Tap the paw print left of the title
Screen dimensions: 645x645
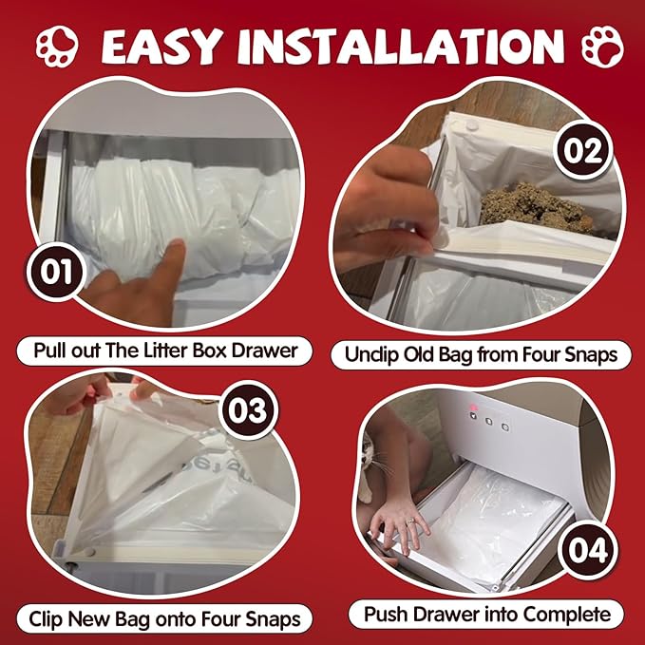(x=57, y=46)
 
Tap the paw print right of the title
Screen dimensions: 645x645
(x=603, y=47)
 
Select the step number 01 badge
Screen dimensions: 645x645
(x=55, y=272)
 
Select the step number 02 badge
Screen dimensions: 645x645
(x=583, y=151)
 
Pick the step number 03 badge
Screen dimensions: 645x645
(x=248, y=409)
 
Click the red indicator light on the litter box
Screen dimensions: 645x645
(x=473, y=408)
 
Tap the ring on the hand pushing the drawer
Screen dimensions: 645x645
(x=410, y=522)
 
